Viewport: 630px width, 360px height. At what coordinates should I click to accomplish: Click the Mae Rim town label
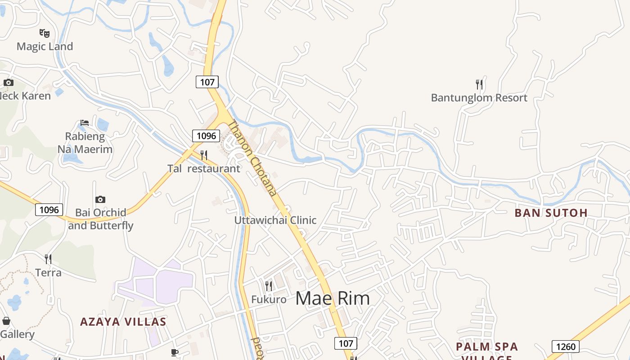pyautogui.click(x=333, y=298)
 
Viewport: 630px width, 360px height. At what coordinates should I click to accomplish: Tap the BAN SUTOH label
pyautogui.click(x=551, y=213)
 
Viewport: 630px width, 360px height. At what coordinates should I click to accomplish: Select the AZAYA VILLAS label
pyautogui.click(x=123, y=322)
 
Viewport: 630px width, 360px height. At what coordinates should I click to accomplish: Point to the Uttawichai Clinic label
pyautogui.click(x=275, y=220)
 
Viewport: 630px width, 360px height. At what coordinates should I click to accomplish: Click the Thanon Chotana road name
pyautogui.click(x=252, y=158)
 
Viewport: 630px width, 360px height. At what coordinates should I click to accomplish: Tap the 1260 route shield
pyautogui.click(x=565, y=346)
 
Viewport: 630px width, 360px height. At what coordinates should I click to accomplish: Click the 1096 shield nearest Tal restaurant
pyautogui.click(x=206, y=135)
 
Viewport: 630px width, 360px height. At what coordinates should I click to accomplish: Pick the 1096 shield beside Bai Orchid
pyautogui.click(x=49, y=210)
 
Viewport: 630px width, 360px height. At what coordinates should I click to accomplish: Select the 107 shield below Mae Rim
pyautogui.click(x=346, y=343)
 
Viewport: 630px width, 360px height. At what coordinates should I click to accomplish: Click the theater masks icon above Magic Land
pyautogui.click(x=44, y=33)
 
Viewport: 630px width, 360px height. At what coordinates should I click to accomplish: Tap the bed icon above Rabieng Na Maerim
pyautogui.click(x=85, y=122)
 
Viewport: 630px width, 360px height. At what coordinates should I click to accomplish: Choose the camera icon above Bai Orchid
pyautogui.click(x=100, y=199)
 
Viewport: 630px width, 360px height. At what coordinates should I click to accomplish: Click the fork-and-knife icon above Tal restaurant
pyautogui.click(x=204, y=155)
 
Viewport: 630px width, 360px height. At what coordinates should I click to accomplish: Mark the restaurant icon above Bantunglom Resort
pyautogui.click(x=479, y=84)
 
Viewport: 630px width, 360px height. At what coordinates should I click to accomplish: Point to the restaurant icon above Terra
pyautogui.click(x=48, y=259)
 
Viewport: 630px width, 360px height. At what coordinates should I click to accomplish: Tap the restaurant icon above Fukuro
pyautogui.click(x=269, y=286)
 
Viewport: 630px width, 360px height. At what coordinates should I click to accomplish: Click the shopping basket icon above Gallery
pyautogui.click(x=6, y=321)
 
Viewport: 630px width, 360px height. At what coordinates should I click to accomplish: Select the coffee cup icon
pyautogui.click(x=175, y=352)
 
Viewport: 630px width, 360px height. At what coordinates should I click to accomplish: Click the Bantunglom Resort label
pyautogui.click(x=479, y=98)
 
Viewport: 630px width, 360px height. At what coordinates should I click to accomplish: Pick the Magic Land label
pyautogui.click(x=45, y=46)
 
